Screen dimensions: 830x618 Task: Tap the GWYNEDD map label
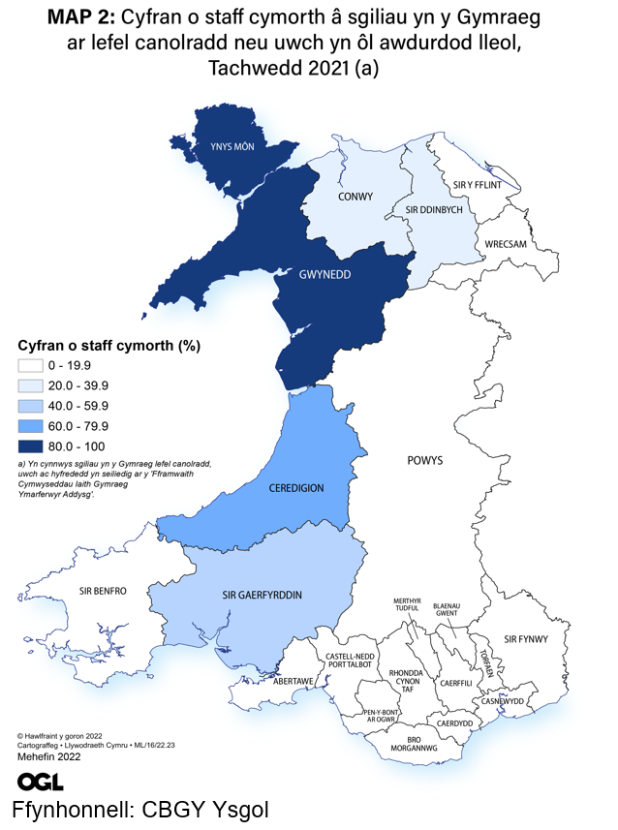324,274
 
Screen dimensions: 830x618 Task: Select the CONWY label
355,197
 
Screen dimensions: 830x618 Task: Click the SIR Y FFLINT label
478,183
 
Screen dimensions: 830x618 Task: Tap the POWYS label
425,460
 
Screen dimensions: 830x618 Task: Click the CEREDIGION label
295,488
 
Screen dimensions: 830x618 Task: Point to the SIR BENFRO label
103,590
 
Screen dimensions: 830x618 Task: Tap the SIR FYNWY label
526,638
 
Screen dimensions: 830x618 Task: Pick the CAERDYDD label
454,722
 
